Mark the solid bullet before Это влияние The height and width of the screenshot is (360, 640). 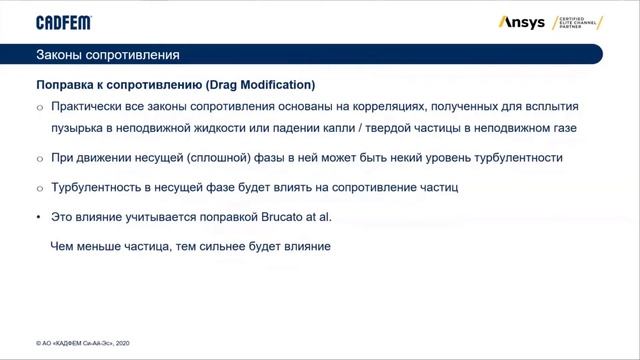(39, 216)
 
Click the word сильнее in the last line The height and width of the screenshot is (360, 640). (233, 245)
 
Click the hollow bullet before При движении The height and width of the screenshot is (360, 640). (39, 158)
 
